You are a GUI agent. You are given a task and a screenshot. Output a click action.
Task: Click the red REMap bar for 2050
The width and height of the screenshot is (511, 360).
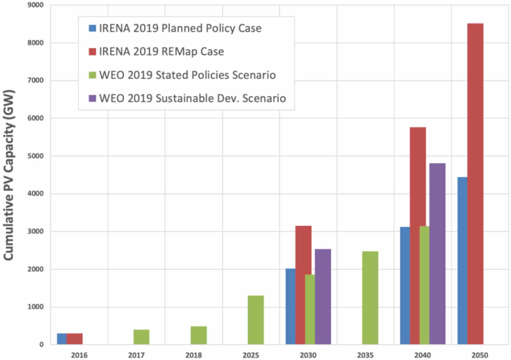[475, 184]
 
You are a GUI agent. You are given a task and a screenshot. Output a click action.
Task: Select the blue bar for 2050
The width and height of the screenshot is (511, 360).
[462, 260]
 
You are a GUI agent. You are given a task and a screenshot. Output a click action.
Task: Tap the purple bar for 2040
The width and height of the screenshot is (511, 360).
[437, 254]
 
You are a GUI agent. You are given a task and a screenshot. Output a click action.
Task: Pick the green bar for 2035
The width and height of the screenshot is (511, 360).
[370, 297]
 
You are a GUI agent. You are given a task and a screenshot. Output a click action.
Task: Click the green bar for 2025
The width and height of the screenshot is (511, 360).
[256, 320]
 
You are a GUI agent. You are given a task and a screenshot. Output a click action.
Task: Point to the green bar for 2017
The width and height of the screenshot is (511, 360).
[141, 337]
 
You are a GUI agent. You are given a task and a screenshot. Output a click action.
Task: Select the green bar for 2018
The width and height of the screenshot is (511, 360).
[198, 335]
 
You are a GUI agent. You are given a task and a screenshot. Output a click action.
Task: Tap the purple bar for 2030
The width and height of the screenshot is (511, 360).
[323, 296]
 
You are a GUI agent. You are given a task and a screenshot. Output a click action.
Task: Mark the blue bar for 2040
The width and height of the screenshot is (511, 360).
[404, 285]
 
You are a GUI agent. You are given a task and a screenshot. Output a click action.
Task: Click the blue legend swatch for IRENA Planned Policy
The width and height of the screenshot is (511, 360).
[92, 28]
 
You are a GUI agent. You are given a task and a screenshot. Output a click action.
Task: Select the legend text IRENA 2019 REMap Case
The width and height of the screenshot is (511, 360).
[161, 51]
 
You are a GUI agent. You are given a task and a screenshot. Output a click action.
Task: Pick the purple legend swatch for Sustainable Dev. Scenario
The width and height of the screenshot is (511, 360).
[92, 98]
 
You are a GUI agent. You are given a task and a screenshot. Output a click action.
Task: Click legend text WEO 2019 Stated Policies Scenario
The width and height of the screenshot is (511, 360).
[187, 75]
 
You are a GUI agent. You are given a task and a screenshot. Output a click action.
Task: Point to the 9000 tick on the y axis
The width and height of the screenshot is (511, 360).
[35, 5]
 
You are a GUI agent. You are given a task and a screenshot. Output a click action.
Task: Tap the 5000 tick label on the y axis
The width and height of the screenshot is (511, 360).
[35, 156]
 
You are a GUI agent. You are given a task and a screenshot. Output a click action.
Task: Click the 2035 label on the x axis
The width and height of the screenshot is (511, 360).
[365, 355]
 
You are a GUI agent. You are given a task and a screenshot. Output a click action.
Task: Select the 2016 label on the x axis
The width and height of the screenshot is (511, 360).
[79, 355]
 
